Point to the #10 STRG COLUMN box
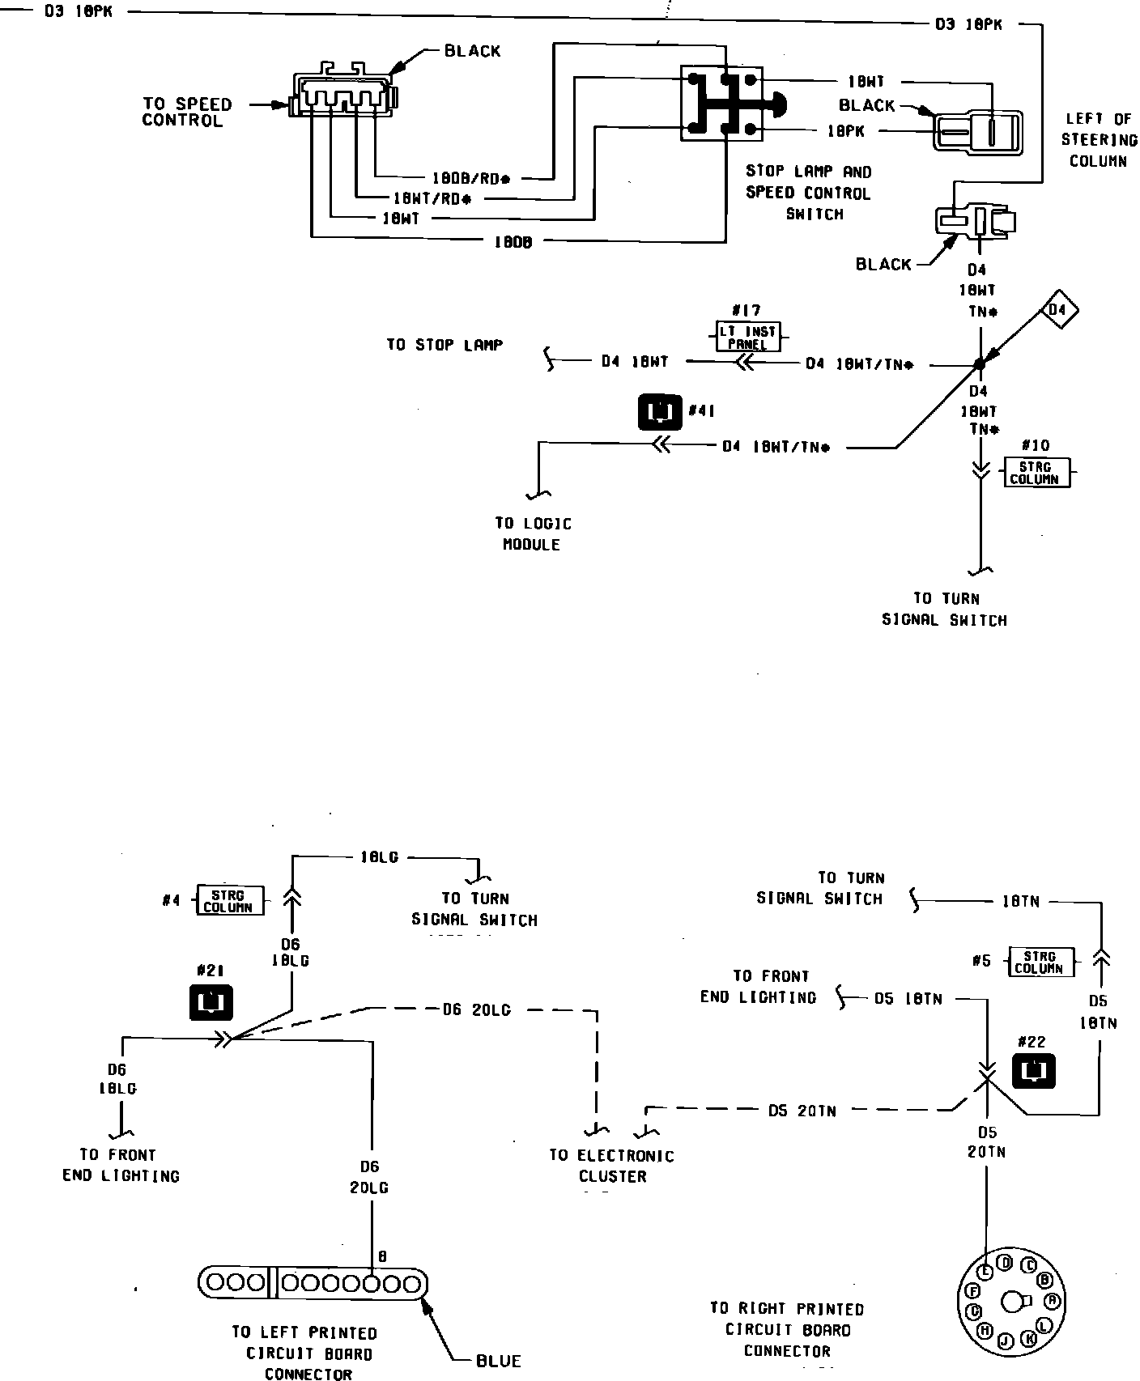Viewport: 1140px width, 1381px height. pyautogui.click(x=1035, y=472)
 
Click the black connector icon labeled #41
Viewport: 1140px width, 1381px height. pyautogui.click(x=661, y=411)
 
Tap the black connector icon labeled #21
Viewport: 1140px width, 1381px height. pyautogui.click(x=211, y=1002)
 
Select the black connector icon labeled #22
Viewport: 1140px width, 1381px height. pyautogui.click(x=1033, y=1071)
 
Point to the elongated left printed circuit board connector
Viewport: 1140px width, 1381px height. pyautogui.click(x=313, y=1283)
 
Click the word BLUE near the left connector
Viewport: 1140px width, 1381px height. pyautogui.click(x=499, y=1361)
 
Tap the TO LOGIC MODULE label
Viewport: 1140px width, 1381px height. pyautogui.click(x=533, y=534)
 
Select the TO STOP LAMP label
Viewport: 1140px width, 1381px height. pyautogui.click(x=445, y=345)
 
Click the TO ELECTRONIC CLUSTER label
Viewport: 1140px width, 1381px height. pyautogui.click(x=611, y=1166)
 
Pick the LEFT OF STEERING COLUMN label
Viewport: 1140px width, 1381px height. pyautogui.click(x=1098, y=140)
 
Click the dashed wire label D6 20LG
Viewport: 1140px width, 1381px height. pyautogui.click(x=476, y=1009)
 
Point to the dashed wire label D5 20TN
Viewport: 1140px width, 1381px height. pyautogui.click(x=802, y=1111)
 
